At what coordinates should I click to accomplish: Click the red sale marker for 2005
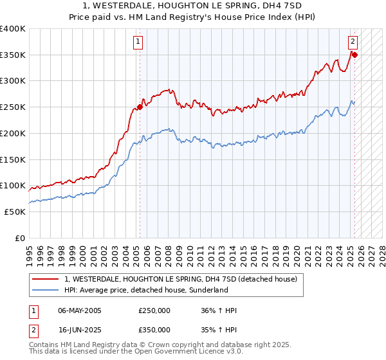click(140, 107)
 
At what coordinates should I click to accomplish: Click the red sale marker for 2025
click(354, 55)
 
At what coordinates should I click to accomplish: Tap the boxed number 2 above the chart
click(353, 42)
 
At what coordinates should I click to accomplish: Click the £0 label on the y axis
click(20, 238)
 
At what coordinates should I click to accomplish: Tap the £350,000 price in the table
click(154, 330)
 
